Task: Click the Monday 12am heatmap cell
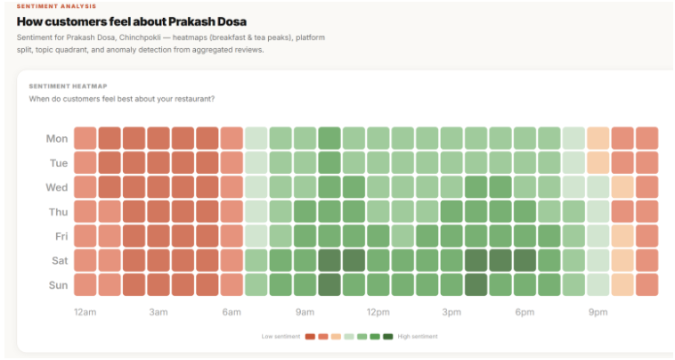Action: tap(85, 138)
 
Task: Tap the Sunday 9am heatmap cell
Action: tap(305, 284)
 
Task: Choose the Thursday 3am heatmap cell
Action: tap(159, 211)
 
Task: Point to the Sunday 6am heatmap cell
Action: tap(232, 284)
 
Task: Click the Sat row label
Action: tap(57, 260)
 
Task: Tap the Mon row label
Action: tap(56, 139)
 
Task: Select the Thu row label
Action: tap(57, 212)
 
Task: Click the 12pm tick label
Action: tap(378, 312)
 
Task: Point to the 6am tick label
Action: tap(232, 312)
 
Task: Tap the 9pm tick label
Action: tap(598, 312)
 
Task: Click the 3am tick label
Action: tap(159, 312)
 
